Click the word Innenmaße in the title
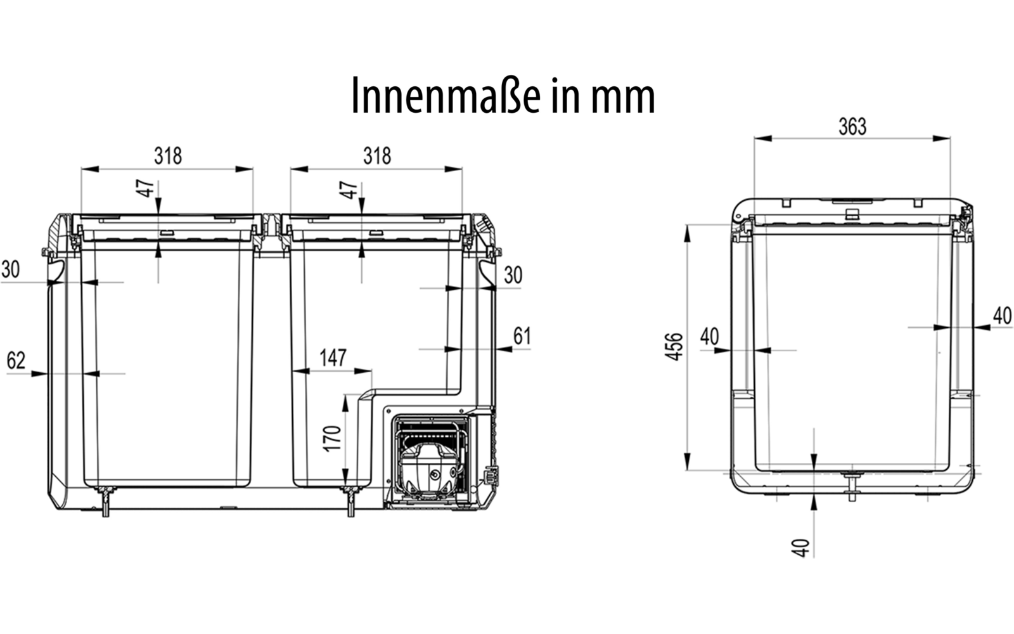[x=446, y=96]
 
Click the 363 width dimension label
[x=852, y=127]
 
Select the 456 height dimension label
[x=674, y=347]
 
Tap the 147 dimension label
[x=333, y=358]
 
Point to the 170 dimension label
[x=332, y=438]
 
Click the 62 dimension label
[x=16, y=361]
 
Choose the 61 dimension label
[x=522, y=336]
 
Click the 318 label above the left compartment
[x=168, y=156]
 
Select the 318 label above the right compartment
[x=377, y=156]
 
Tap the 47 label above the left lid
[x=146, y=189]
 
